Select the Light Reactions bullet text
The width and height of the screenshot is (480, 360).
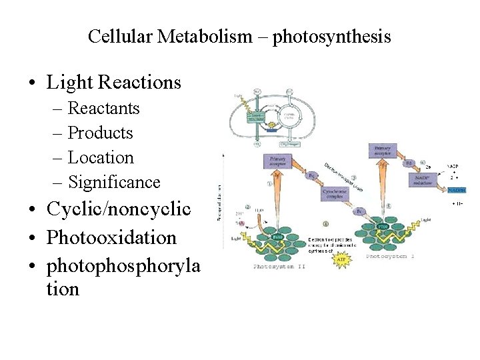click(x=114, y=82)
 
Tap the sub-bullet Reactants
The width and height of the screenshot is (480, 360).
click(x=103, y=108)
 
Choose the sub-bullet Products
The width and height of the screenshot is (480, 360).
click(x=100, y=133)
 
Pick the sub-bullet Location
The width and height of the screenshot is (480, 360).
click(x=101, y=157)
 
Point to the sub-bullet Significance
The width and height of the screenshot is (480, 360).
click(x=114, y=182)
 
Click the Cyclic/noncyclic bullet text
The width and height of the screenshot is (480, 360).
click(x=119, y=209)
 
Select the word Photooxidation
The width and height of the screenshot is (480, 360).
click(x=111, y=237)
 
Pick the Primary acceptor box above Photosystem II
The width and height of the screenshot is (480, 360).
click(x=278, y=162)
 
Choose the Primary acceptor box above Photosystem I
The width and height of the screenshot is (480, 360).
click(x=383, y=151)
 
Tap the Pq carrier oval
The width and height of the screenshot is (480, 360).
click(x=313, y=175)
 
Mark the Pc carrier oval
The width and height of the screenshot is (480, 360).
click(x=359, y=211)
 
